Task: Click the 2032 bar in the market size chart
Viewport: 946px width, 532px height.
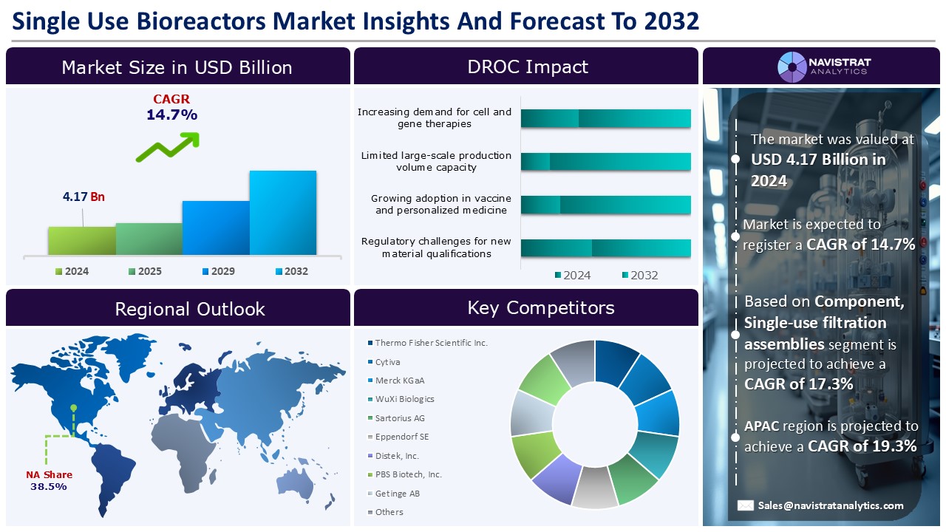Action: [282, 213]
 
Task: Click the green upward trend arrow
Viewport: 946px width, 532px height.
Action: [168, 146]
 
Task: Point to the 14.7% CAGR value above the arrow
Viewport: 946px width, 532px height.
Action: [171, 115]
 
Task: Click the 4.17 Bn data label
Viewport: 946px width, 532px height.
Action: [84, 197]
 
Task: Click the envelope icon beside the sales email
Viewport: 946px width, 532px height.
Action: [746, 505]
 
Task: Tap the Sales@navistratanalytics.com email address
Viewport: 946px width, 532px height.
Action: [830, 505]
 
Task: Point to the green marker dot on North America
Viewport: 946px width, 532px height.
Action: [73, 408]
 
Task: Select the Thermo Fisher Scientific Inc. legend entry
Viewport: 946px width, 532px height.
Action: [431, 343]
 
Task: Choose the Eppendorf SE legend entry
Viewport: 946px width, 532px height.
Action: [401, 437]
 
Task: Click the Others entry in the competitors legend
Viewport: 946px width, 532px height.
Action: [389, 512]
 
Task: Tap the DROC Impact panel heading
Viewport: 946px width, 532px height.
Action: [527, 66]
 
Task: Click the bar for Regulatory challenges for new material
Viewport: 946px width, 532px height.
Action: [605, 248]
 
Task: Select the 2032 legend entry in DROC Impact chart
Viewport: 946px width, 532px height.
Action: [639, 276]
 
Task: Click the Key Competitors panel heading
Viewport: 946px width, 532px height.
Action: [540, 307]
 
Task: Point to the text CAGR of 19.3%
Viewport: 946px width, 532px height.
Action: [862, 446]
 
